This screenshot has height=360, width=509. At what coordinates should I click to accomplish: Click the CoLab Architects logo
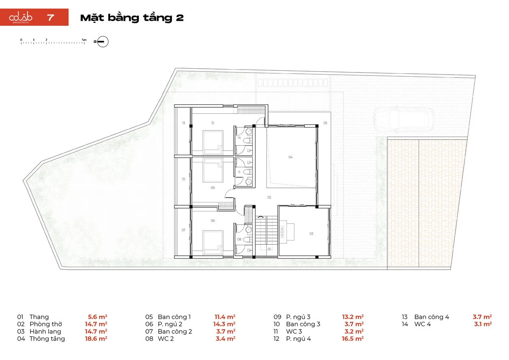(20, 18)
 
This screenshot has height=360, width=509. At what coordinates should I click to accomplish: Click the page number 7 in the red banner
(50, 18)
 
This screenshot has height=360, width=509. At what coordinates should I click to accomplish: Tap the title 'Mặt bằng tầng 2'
(132, 18)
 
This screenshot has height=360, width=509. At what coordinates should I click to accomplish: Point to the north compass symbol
(103, 42)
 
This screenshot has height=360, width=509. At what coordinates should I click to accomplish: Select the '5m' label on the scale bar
(84, 40)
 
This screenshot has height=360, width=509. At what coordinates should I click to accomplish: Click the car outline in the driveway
(404, 119)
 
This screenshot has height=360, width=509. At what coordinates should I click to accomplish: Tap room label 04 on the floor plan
(291, 157)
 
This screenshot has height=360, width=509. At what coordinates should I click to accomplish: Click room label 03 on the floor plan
(311, 234)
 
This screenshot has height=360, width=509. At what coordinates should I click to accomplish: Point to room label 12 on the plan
(213, 123)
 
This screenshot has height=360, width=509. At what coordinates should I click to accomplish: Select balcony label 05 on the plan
(325, 123)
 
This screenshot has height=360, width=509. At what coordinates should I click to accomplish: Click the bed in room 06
(213, 243)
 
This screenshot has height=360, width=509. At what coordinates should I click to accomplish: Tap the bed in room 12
(213, 142)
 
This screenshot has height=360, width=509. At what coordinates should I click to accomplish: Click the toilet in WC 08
(248, 240)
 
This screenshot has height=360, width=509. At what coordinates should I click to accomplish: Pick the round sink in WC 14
(249, 131)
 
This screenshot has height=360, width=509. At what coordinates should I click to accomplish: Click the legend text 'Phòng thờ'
(46, 324)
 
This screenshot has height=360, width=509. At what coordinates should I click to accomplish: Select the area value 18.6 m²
(96, 339)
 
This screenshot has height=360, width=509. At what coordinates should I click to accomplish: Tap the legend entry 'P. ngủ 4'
(298, 339)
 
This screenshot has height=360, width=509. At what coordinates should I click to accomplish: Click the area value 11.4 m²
(225, 317)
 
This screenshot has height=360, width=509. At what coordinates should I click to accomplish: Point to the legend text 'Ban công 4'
(431, 317)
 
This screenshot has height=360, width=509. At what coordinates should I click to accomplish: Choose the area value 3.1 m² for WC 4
(483, 324)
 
